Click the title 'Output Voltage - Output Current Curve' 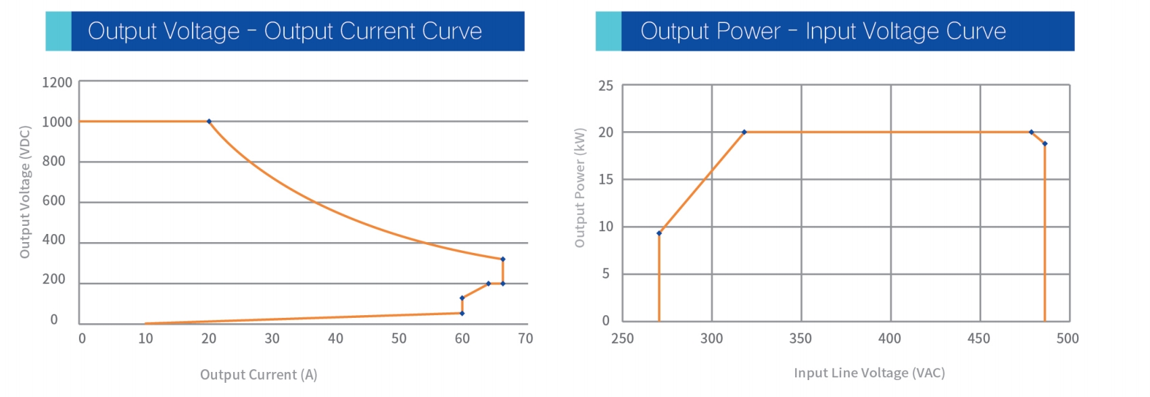pos(285,31)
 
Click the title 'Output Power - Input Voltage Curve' pos(823,31)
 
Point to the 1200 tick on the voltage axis pos(57,83)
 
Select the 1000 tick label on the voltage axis pos(57,122)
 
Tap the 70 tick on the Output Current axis pos(525,338)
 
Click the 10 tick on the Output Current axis pos(145,338)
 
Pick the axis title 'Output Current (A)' pos(258,375)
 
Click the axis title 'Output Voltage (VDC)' pos(25,192)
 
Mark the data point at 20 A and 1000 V pos(209,122)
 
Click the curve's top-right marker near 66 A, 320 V pos(502,259)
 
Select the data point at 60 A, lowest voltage pos(462,313)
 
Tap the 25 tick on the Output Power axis pos(606,86)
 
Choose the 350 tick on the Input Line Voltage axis pos(800,338)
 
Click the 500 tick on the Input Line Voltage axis pos(1068,338)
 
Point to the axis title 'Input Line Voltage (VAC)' pos(869,373)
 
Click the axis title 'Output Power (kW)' pos(579,187)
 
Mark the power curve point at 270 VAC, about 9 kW pos(659,233)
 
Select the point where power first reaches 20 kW pos(744,133)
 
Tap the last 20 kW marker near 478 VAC pos(1031,133)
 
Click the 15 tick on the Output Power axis pos(606,179)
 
